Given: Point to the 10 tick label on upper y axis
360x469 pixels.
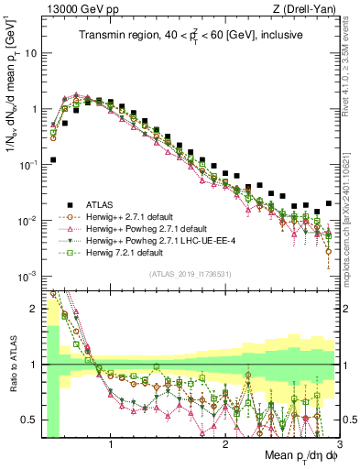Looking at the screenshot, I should click(x=31, y=52).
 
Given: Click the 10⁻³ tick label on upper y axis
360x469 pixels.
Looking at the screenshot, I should click(x=28, y=276).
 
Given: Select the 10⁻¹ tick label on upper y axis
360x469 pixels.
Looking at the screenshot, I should click(x=28, y=164).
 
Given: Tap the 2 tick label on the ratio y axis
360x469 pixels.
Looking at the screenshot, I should click(x=34, y=310).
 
